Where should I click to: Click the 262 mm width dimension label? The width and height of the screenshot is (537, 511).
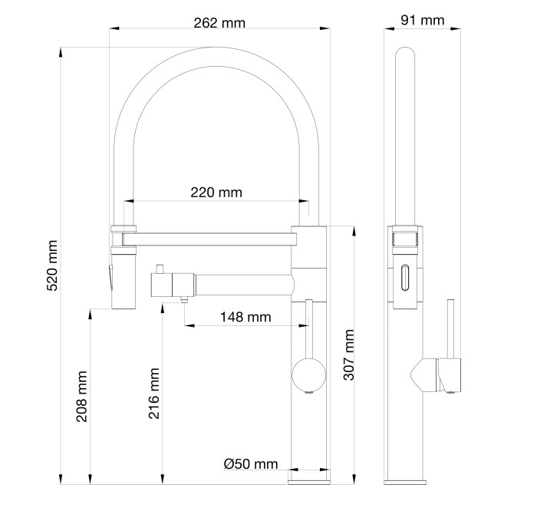click(219, 23)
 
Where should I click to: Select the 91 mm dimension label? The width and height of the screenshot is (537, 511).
click(422, 20)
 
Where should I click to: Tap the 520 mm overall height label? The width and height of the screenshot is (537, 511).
click(52, 265)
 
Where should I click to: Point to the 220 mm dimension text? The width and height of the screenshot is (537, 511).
click(216, 192)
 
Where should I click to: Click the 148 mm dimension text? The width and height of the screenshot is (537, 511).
click(245, 317)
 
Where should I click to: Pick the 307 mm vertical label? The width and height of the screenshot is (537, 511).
click(348, 354)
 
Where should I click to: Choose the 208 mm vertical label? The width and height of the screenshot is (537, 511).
click(81, 396)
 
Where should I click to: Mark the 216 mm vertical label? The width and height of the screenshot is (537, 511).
click(153, 393)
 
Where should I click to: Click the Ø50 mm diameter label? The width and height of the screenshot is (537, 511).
click(251, 463)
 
